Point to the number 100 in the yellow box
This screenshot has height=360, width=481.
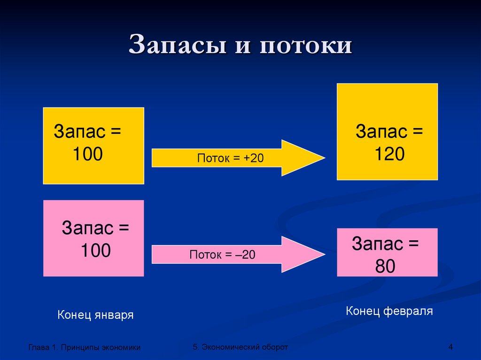point(87,153)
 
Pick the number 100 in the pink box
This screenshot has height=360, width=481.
point(95,251)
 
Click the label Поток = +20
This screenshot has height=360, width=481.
point(230,159)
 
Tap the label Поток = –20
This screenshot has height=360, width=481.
point(223,255)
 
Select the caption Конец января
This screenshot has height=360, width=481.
point(95,314)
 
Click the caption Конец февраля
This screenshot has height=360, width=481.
point(389,311)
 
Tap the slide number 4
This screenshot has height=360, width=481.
point(450,347)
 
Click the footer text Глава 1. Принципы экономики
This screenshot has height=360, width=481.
point(85,347)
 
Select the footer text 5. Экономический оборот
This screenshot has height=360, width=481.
point(240,346)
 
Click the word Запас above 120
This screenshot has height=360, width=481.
point(381,131)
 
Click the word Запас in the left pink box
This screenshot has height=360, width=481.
point(87,229)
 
